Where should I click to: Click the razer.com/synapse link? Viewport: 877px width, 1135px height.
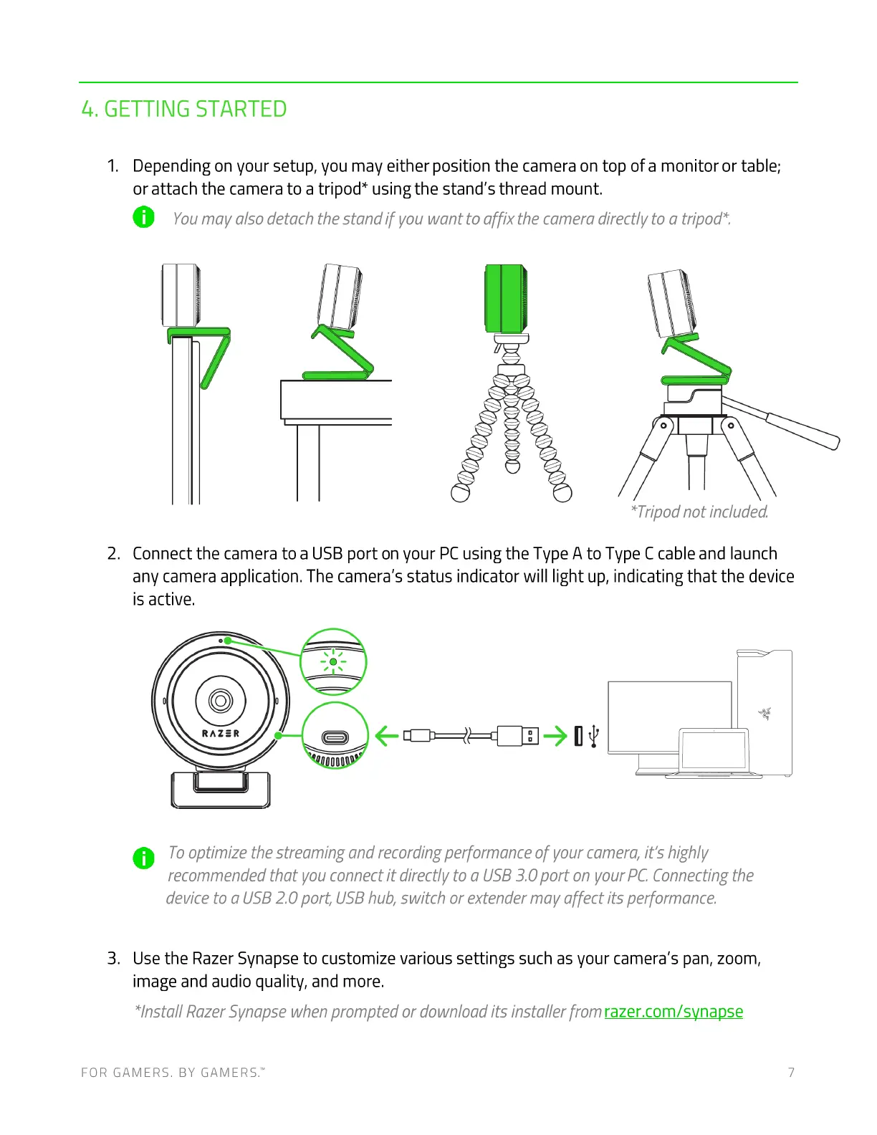[x=673, y=1012]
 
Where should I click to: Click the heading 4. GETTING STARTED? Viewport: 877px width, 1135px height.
[x=184, y=110]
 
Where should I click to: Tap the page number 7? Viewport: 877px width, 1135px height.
[x=791, y=1073]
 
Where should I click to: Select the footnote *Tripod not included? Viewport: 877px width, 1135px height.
[x=699, y=512]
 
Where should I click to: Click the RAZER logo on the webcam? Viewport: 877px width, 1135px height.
[x=221, y=734]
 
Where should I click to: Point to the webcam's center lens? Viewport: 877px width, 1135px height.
[x=220, y=700]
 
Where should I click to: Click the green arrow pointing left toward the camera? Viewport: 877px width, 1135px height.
[x=387, y=735]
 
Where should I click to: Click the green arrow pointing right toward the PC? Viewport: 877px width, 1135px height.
[x=555, y=735]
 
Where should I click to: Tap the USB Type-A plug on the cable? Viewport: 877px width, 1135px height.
[x=517, y=735]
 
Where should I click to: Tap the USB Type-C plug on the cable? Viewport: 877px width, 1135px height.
[x=418, y=735]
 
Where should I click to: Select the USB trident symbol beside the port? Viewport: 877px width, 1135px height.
[x=594, y=737]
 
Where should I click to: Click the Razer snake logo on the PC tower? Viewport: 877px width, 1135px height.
[x=765, y=713]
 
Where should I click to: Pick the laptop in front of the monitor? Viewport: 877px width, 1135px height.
[x=714, y=752]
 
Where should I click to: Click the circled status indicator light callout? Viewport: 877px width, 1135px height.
[x=333, y=662]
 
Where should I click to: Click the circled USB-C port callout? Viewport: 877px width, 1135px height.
[x=335, y=737]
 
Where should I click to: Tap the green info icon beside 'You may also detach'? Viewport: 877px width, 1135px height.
[x=144, y=217]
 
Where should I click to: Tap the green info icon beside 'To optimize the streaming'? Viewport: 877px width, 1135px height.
[x=144, y=858]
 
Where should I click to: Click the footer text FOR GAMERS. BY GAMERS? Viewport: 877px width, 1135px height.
[x=173, y=1073]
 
